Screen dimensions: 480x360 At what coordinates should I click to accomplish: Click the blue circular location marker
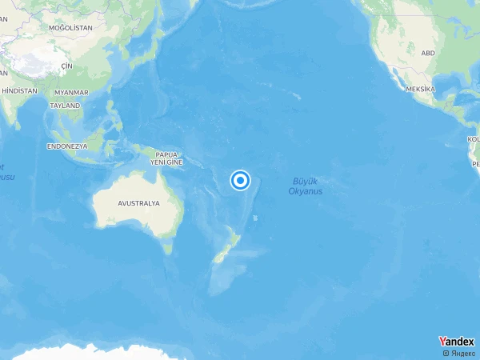pyautogui.click(x=241, y=181)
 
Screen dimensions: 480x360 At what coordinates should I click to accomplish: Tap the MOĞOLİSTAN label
pyautogui.click(x=70, y=28)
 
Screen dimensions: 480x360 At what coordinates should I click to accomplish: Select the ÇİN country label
pyautogui.click(x=67, y=66)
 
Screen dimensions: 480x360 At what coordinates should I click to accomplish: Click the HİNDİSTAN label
pyautogui.click(x=20, y=91)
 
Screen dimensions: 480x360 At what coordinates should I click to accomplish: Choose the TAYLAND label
pyautogui.click(x=66, y=106)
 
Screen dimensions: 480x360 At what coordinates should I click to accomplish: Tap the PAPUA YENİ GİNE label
pyautogui.click(x=166, y=158)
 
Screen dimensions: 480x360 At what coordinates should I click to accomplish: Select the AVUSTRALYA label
pyautogui.click(x=138, y=203)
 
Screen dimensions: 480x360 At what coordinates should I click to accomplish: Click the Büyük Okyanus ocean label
pyautogui.click(x=305, y=186)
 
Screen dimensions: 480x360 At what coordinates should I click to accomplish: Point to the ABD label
pyautogui.click(x=428, y=53)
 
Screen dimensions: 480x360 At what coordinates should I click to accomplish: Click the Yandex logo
pyautogui.click(x=456, y=342)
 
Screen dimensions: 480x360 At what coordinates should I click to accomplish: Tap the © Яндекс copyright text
pyautogui.click(x=458, y=353)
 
